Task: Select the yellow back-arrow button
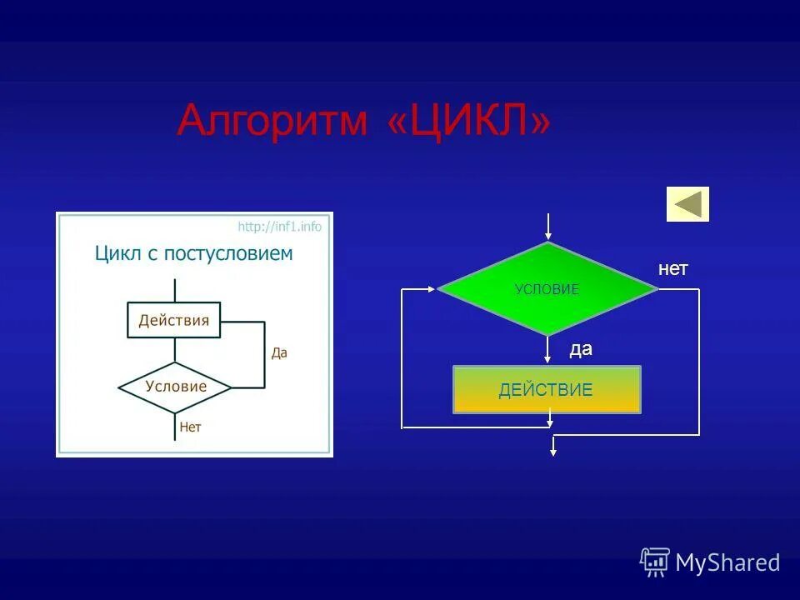click(687, 204)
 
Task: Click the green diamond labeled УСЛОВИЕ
click(547, 289)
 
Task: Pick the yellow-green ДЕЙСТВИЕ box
click(547, 389)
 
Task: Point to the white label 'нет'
click(672, 269)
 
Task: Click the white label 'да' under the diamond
click(581, 349)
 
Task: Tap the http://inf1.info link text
click(279, 227)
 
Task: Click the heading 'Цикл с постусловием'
click(193, 253)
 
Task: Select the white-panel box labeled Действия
click(174, 320)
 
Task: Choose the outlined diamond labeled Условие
click(175, 387)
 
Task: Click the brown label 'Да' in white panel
click(279, 352)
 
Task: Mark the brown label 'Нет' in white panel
click(191, 427)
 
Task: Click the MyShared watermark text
click(727, 563)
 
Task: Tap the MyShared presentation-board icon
click(655, 562)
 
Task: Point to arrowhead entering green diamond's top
click(547, 236)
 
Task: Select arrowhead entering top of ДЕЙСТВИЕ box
click(547, 359)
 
